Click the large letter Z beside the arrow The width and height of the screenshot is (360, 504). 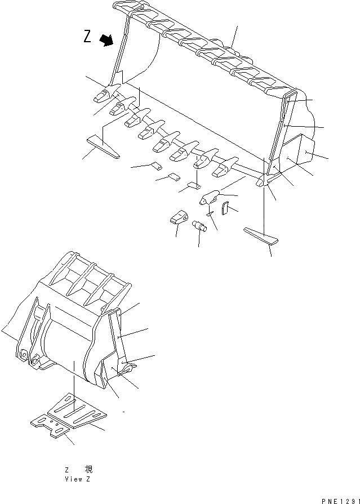[87, 37]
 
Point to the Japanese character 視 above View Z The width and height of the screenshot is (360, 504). [88, 469]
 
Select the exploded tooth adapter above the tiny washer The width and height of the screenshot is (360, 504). [211, 198]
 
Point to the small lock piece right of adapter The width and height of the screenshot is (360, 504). [225, 208]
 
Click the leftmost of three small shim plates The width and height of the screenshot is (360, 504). [155, 166]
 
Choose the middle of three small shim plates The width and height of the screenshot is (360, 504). [174, 177]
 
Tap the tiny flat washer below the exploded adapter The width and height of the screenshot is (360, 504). [210, 213]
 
